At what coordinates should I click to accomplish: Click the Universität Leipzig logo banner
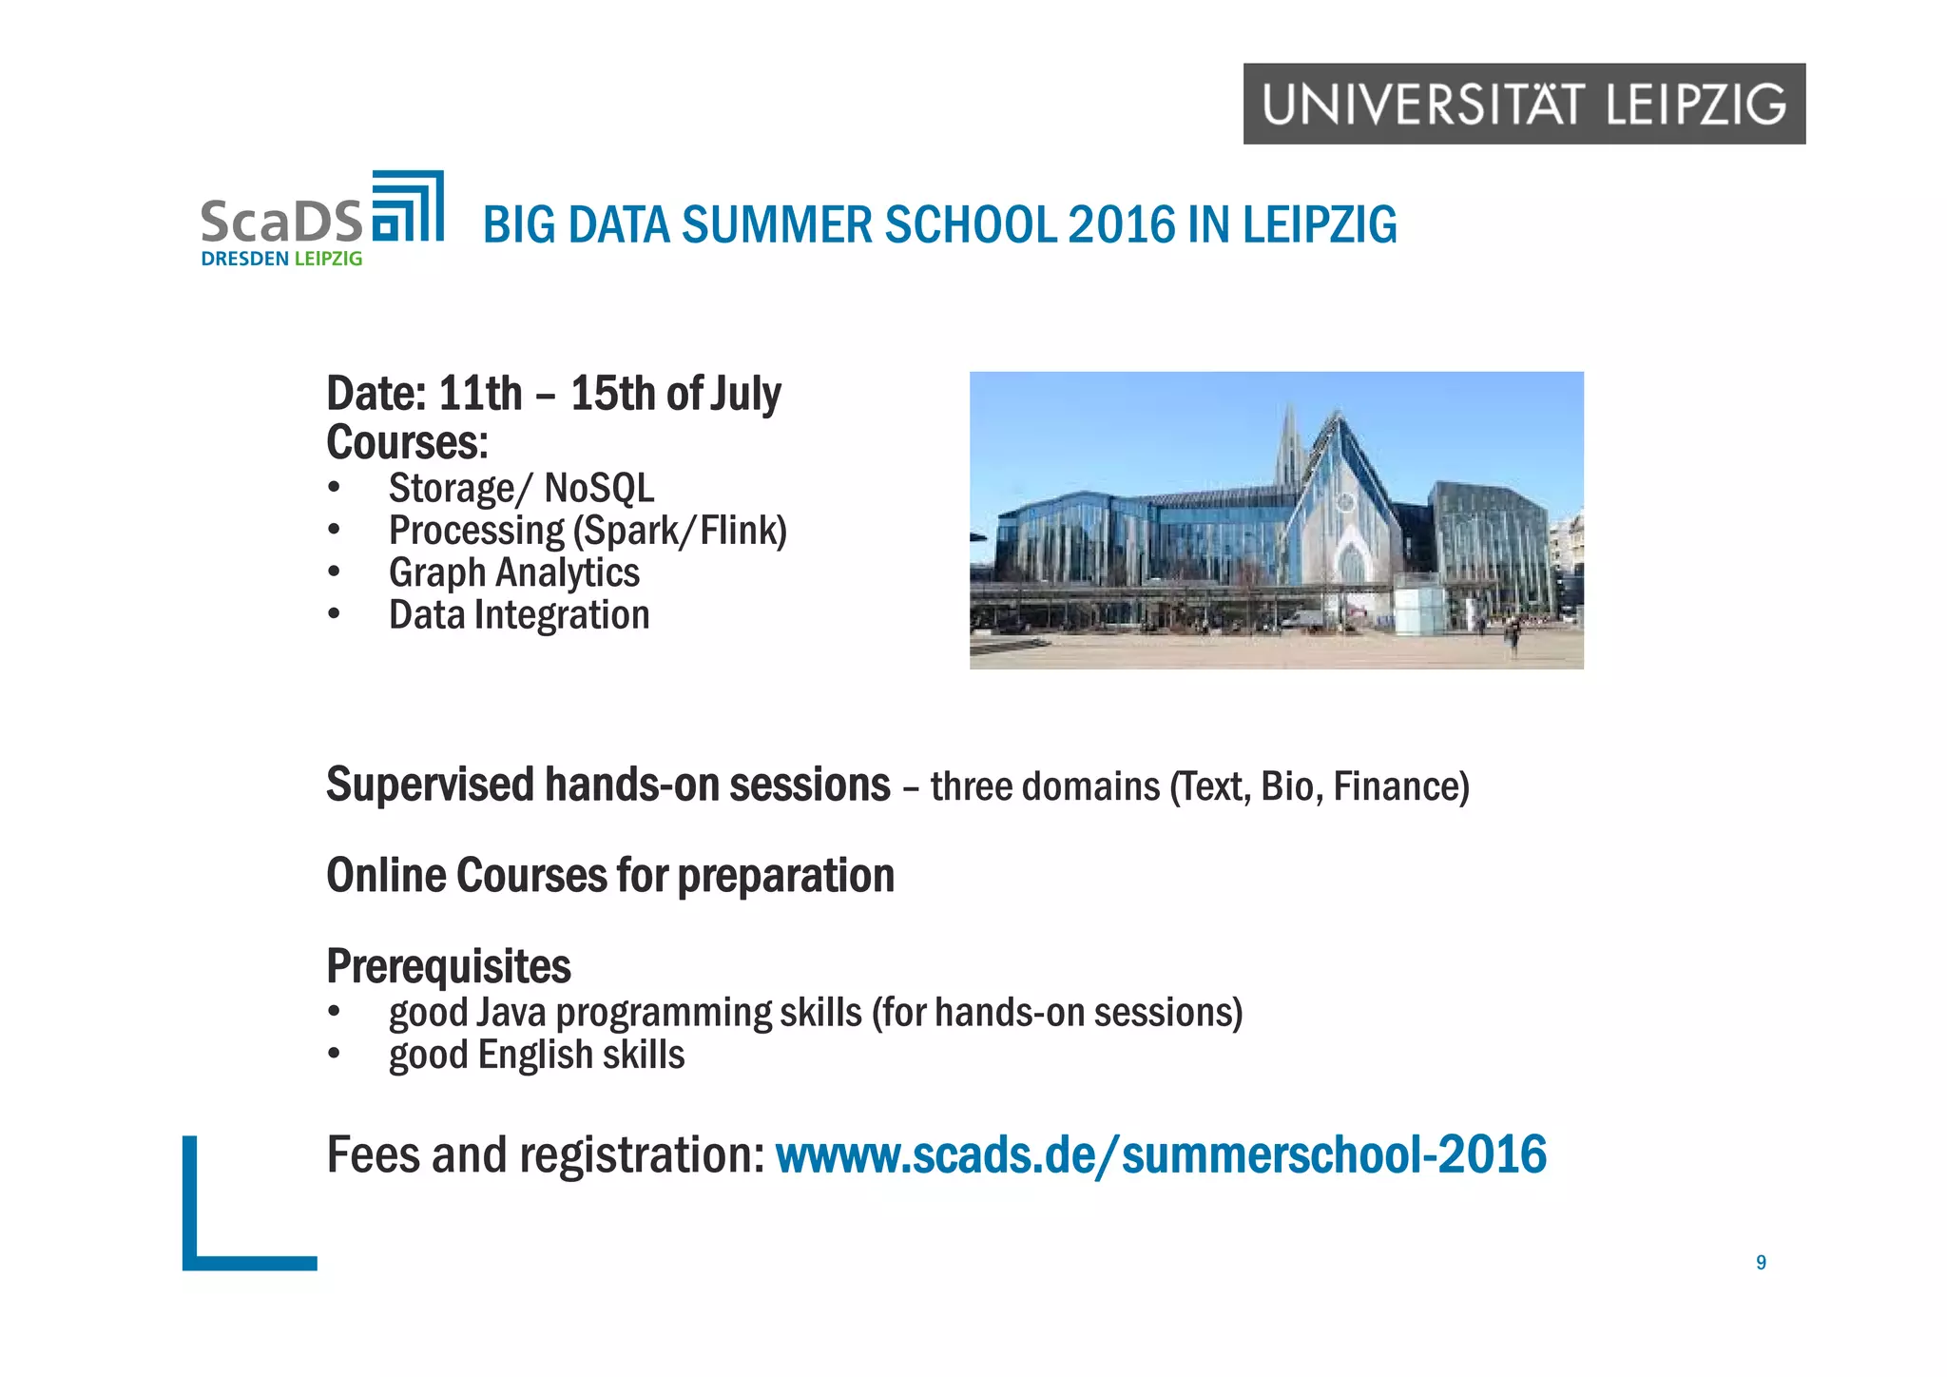1523,104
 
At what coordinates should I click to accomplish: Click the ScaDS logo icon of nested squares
408,207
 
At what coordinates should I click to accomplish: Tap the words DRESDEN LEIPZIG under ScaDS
281,259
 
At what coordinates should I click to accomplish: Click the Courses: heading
407,442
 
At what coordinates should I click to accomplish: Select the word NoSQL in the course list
599,489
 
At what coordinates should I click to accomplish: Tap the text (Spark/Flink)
681,531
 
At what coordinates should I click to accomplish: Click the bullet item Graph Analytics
513,572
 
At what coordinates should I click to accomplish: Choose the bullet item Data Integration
519,615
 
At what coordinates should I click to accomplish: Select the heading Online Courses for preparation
609,876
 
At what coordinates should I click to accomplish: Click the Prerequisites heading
448,967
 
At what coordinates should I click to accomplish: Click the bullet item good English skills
536,1056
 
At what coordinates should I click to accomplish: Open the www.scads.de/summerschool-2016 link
1161,1155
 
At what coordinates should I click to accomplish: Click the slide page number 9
1761,1263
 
